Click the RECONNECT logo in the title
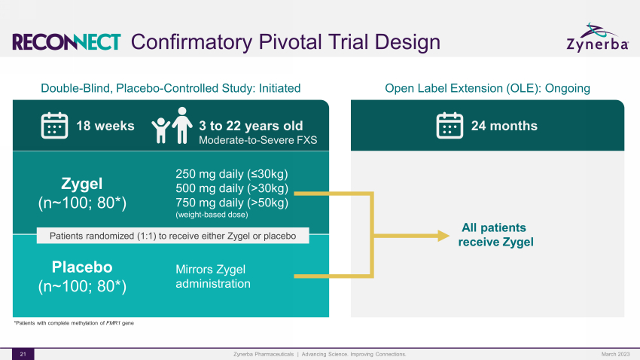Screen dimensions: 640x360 (x=66, y=42)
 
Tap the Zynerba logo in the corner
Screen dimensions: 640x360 (x=598, y=38)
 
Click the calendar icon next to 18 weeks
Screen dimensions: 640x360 (x=54, y=126)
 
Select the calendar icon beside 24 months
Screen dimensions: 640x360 (x=450, y=126)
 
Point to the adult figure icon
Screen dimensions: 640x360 (x=182, y=125)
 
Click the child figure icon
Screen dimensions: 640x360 (x=161, y=130)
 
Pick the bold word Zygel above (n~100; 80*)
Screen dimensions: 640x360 (x=81, y=184)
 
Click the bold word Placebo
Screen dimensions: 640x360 (x=82, y=267)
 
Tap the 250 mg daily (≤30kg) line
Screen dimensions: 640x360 (x=232, y=174)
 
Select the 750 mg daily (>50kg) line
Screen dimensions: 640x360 (x=232, y=203)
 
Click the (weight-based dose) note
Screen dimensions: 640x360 (x=212, y=215)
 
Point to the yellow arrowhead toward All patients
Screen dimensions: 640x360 (x=443, y=236)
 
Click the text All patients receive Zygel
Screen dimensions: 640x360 (x=495, y=235)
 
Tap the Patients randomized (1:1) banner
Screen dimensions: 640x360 (x=172, y=236)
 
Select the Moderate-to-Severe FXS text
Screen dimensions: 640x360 (x=258, y=140)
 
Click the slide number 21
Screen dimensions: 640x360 (x=23, y=354)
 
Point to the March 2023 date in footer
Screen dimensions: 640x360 (x=615, y=354)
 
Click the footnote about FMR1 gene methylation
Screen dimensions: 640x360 (x=74, y=323)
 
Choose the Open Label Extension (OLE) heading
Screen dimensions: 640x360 (x=487, y=88)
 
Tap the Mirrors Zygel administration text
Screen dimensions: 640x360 (x=213, y=276)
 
